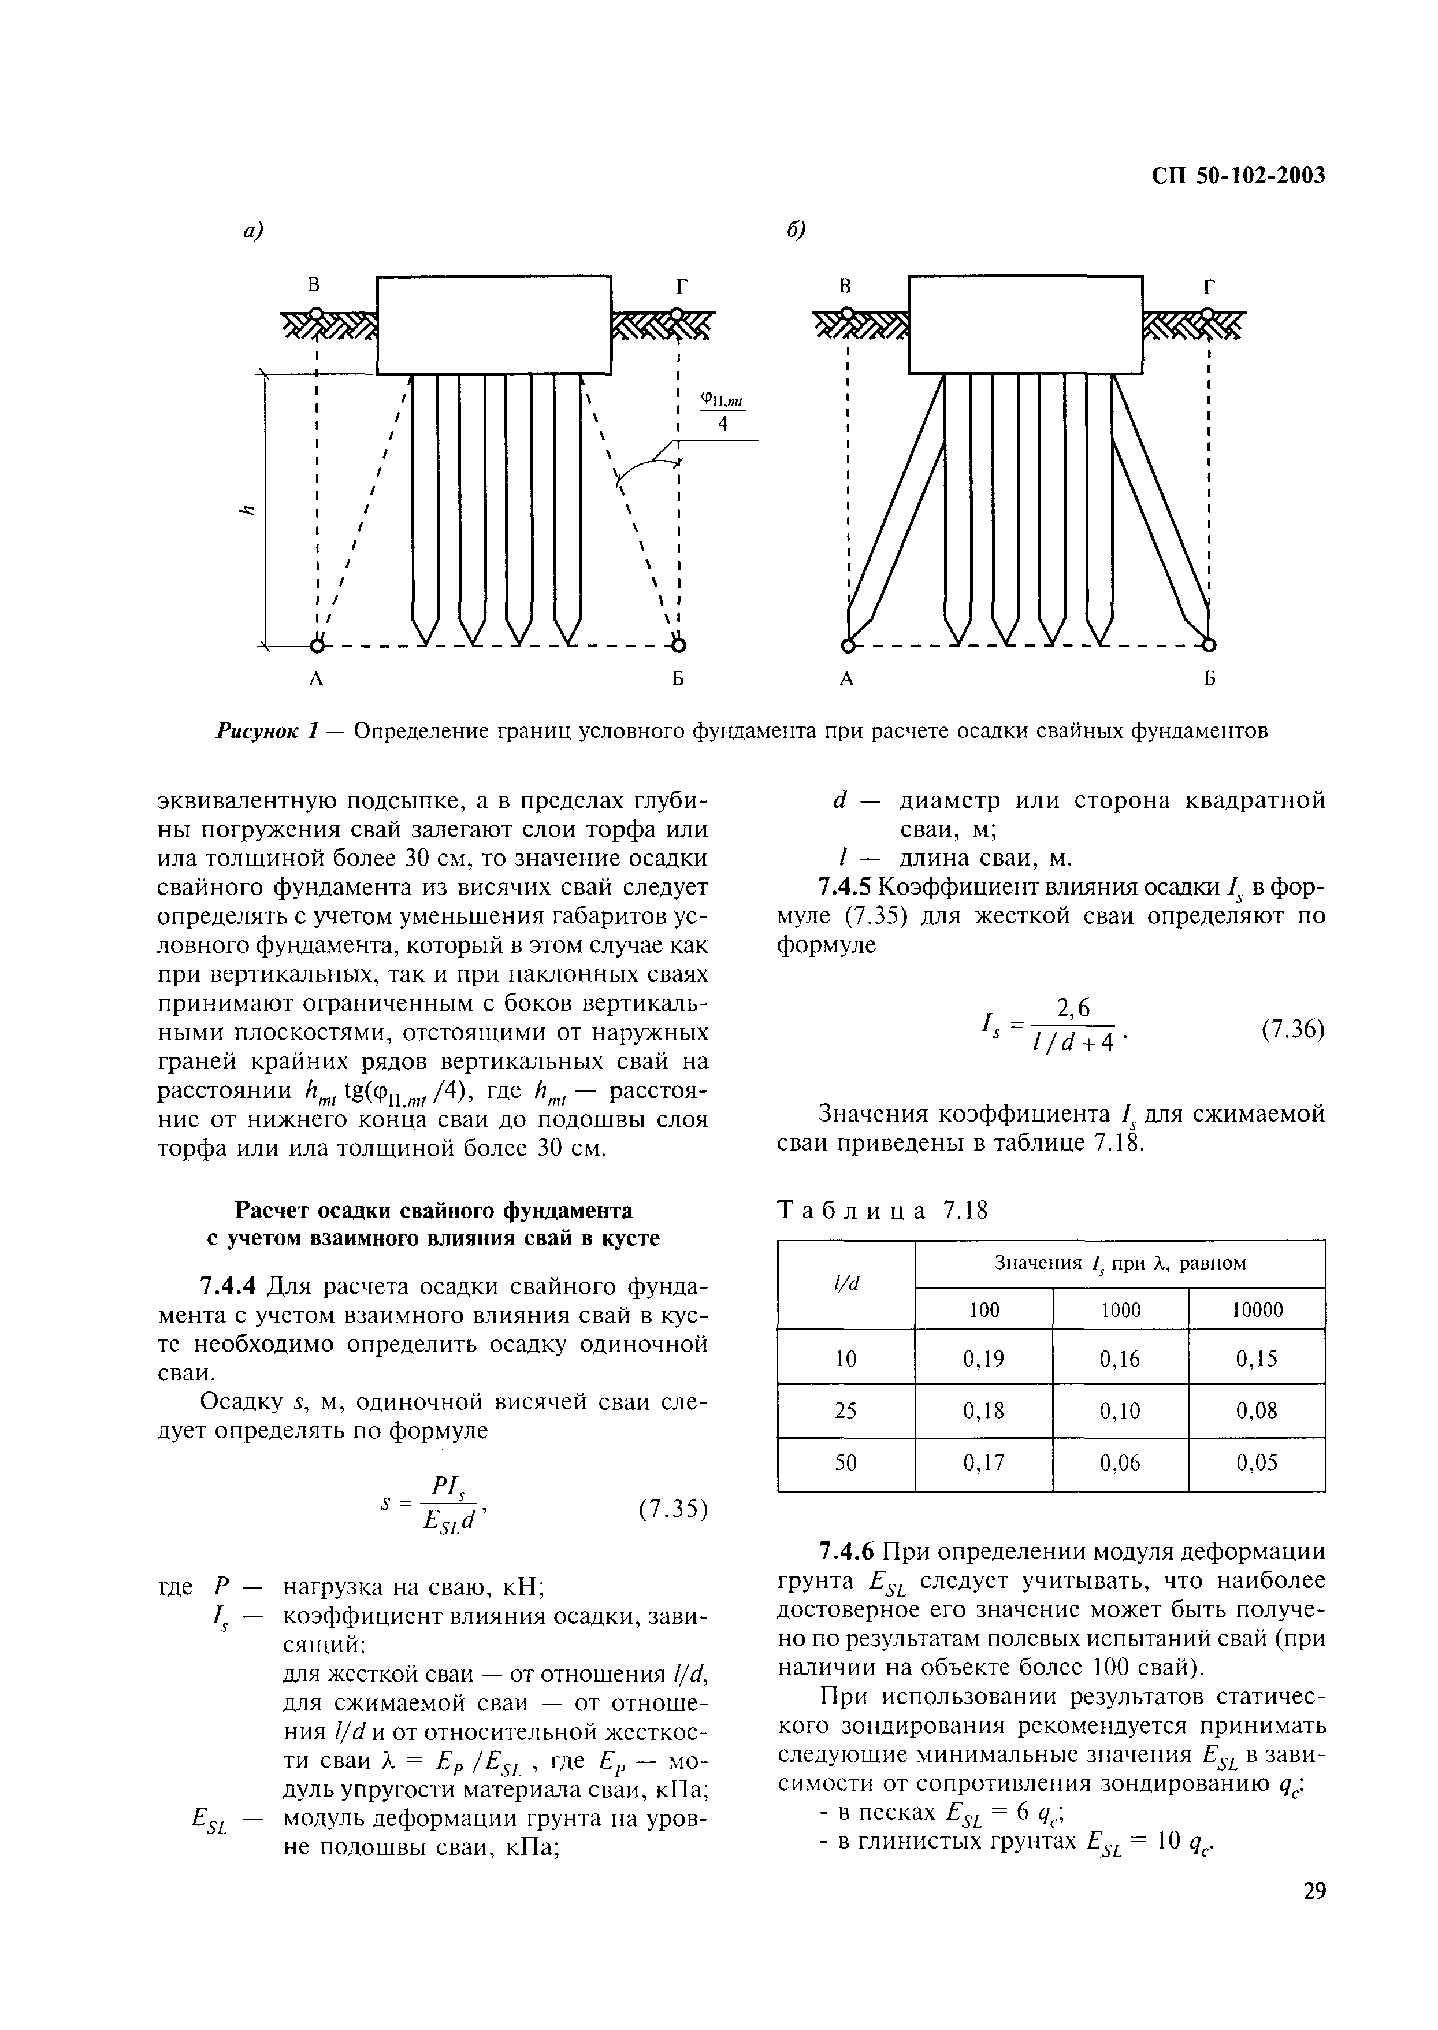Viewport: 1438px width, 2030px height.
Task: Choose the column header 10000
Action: [1257, 1309]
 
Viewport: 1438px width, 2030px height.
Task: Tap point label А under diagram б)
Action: [848, 680]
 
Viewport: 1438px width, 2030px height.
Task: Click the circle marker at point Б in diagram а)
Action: [678, 644]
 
